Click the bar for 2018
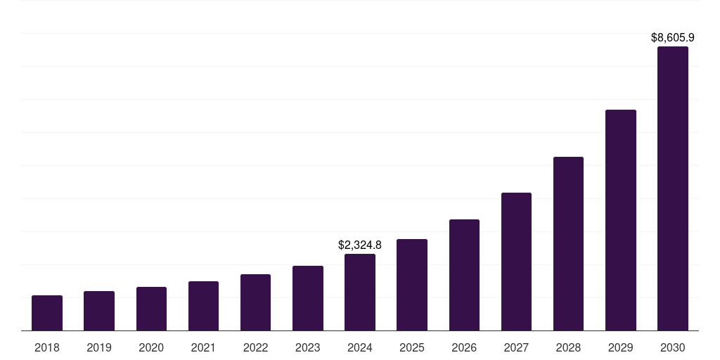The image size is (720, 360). coord(47,313)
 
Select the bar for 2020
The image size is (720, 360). coord(151,309)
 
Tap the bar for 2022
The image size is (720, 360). coord(255,302)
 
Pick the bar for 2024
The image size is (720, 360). coord(360,292)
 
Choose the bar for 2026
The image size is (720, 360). coord(464,275)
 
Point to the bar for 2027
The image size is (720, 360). coord(516,262)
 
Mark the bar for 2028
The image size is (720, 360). coord(568,243)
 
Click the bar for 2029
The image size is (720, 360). coord(621,220)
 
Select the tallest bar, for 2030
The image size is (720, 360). coord(673,188)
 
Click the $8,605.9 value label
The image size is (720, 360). coord(673,37)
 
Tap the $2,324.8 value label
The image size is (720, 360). coord(360,245)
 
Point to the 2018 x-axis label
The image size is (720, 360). coord(47,347)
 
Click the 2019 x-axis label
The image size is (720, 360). coord(99,347)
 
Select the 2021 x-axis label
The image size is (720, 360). coord(203,347)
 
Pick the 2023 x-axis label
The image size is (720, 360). coord(308,347)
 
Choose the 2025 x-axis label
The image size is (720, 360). coord(412,347)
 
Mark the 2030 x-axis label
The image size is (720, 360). coord(673,347)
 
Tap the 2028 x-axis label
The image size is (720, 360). coord(568,347)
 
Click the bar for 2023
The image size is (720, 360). coord(308,298)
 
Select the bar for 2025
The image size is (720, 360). coord(412,285)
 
